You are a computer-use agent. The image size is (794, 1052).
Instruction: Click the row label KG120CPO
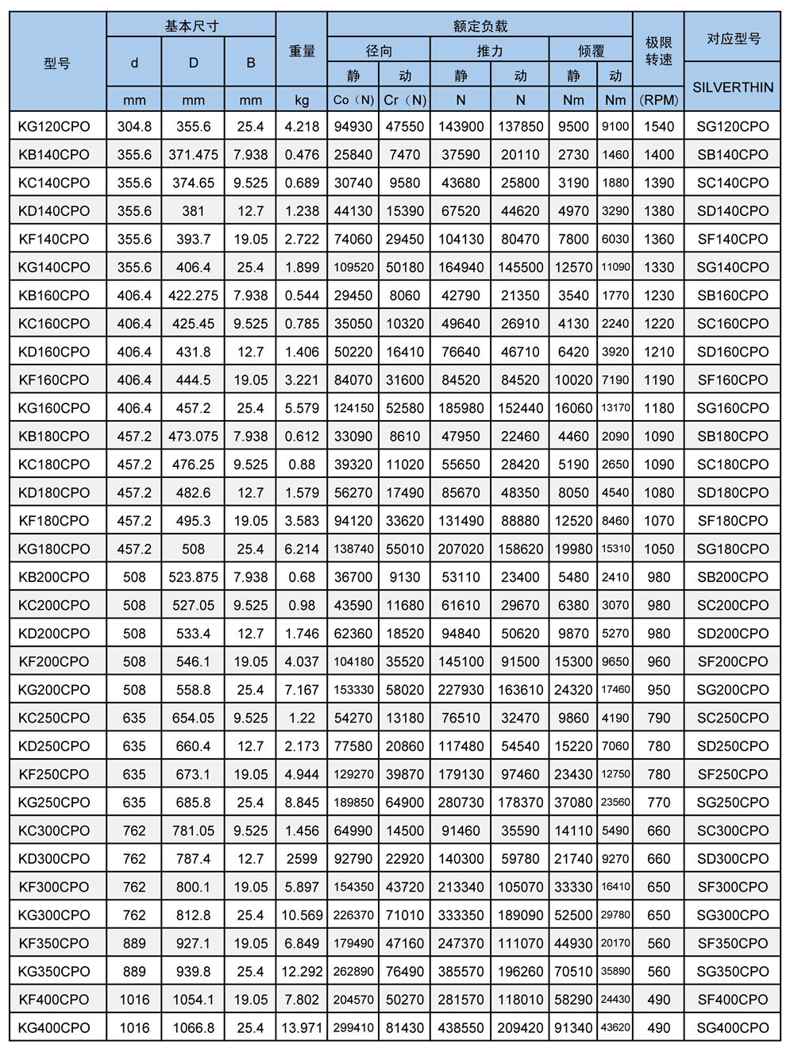click(54, 126)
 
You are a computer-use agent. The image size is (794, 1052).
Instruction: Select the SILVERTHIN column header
click(732, 87)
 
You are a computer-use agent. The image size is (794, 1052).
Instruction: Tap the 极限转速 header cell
click(658, 51)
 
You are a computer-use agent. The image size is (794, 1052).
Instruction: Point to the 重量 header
click(302, 51)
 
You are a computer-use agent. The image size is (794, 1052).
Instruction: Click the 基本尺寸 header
click(191, 25)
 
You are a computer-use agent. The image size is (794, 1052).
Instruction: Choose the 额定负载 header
click(480, 25)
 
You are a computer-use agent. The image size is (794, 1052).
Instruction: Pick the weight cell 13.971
click(302, 1027)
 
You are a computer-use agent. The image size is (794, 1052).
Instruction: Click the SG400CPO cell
click(732, 1027)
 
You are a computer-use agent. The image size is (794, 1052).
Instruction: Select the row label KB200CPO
click(54, 577)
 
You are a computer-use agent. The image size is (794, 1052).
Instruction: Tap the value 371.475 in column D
click(193, 155)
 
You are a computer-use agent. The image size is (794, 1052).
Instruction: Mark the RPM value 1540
click(658, 126)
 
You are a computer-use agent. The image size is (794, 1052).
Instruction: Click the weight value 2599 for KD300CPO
click(302, 858)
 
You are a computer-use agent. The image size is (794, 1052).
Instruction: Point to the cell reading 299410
click(353, 1027)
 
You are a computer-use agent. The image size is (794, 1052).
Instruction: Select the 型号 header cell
click(57, 63)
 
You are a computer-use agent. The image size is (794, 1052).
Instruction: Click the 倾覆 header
click(591, 51)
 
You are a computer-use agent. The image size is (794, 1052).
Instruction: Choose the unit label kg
click(302, 100)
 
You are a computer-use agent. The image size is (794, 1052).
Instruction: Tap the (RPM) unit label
click(658, 100)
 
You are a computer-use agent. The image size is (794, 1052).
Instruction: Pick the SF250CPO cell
click(732, 774)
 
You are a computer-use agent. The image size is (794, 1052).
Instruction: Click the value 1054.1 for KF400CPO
click(193, 1000)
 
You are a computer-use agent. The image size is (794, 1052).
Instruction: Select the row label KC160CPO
click(54, 324)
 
